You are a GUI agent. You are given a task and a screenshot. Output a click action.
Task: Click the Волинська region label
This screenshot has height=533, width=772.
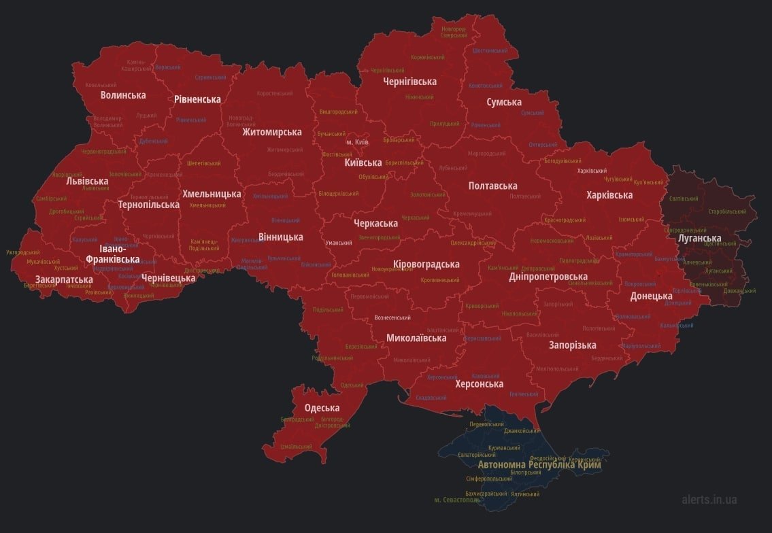click(123, 95)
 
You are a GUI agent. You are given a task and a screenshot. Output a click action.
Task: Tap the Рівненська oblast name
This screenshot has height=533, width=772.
click(197, 99)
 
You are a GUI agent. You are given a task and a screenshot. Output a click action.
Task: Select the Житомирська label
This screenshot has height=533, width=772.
click(272, 132)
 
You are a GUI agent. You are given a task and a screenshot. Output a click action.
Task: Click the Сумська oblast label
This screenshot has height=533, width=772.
click(504, 102)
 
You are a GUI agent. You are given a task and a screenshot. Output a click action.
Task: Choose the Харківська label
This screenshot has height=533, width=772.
click(609, 195)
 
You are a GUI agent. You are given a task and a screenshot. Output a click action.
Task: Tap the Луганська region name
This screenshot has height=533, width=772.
click(700, 238)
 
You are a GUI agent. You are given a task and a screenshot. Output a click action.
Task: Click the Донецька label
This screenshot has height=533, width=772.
click(651, 296)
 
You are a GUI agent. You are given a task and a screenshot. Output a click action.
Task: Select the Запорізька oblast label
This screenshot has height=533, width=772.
click(573, 345)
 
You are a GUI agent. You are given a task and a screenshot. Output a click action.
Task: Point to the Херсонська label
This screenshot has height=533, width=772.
click(480, 384)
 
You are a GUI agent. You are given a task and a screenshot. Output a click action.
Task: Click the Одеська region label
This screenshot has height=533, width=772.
click(322, 408)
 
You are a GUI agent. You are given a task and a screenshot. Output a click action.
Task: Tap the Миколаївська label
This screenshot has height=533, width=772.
click(416, 338)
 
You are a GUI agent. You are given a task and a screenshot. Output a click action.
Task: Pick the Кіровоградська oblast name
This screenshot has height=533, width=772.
click(426, 264)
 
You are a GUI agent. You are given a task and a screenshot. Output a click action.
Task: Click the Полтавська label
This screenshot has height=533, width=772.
click(493, 186)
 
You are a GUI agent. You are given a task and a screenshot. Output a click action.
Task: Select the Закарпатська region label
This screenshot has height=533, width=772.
click(65, 279)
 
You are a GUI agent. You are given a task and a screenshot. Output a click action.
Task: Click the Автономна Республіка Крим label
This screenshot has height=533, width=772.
click(539, 465)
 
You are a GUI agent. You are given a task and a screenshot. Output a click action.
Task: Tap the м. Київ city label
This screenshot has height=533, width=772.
click(357, 142)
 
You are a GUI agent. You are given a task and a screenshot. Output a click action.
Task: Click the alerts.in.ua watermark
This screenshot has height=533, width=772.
click(709, 500)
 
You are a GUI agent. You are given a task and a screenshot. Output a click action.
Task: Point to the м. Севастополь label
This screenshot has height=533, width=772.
click(458, 500)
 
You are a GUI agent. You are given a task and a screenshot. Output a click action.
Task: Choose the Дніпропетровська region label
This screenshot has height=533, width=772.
click(548, 277)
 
